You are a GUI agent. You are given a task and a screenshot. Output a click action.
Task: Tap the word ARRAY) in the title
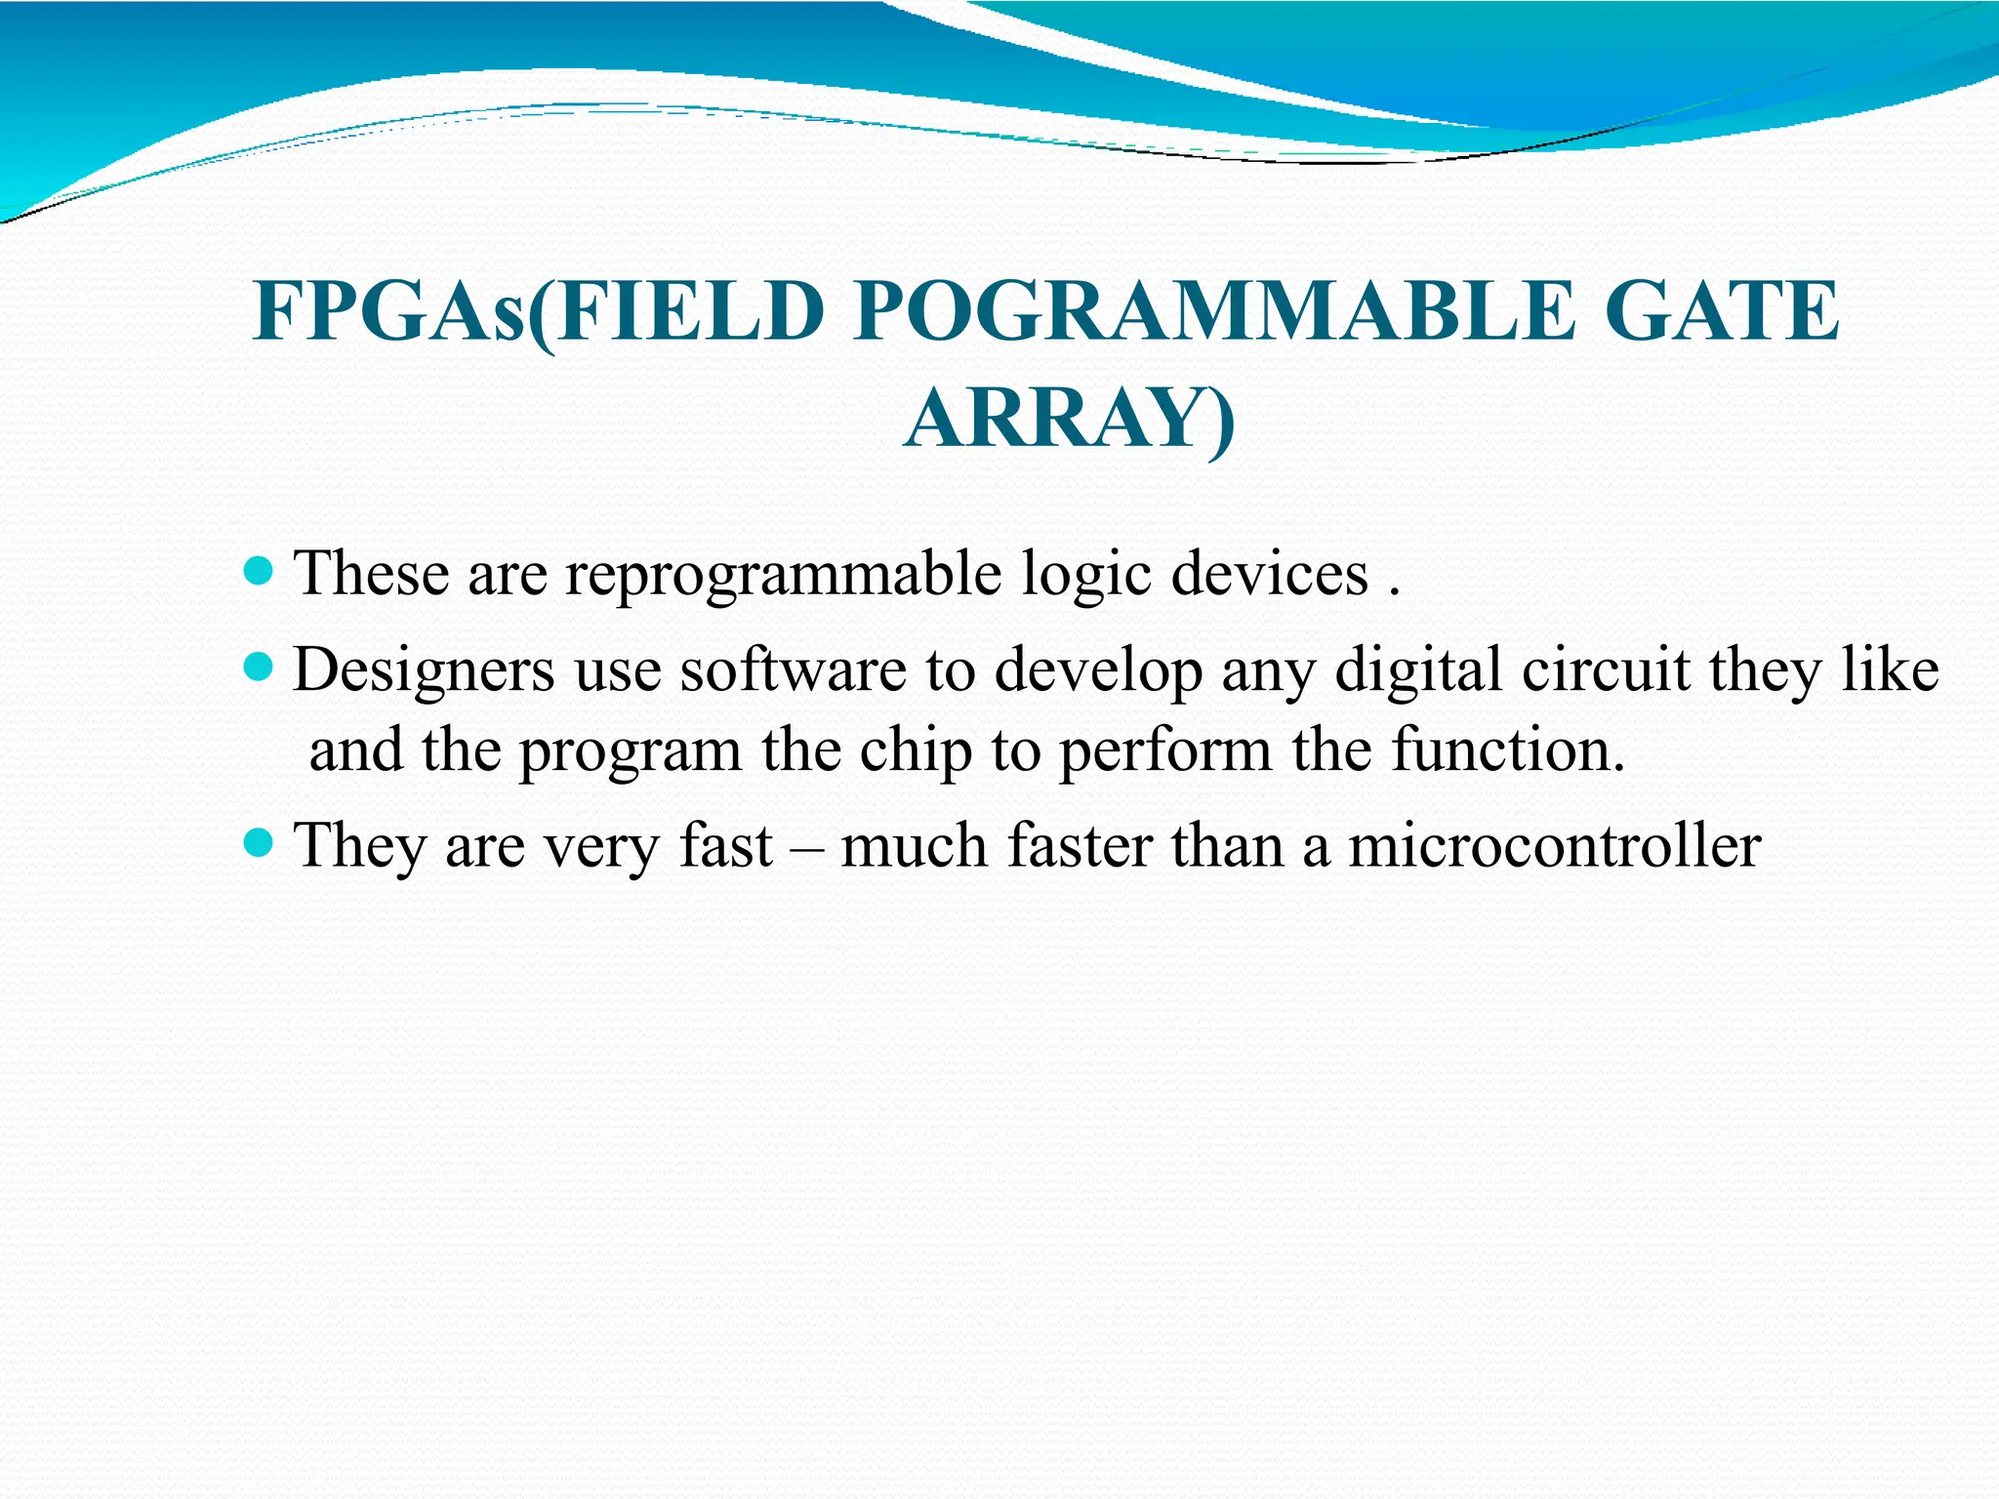(x=1070, y=420)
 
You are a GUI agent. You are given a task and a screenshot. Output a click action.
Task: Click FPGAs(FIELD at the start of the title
(x=538, y=312)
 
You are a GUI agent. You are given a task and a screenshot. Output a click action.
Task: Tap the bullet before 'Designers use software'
(x=258, y=668)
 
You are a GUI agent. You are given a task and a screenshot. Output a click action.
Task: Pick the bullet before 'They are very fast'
(x=258, y=841)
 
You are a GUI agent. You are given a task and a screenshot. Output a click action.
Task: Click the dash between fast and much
(x=805, y=847)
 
